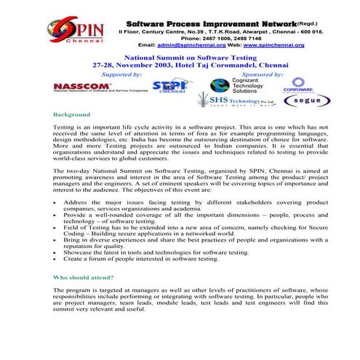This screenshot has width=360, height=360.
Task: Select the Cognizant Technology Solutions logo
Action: (239, 86)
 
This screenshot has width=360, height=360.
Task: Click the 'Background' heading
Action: (72, 115)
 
